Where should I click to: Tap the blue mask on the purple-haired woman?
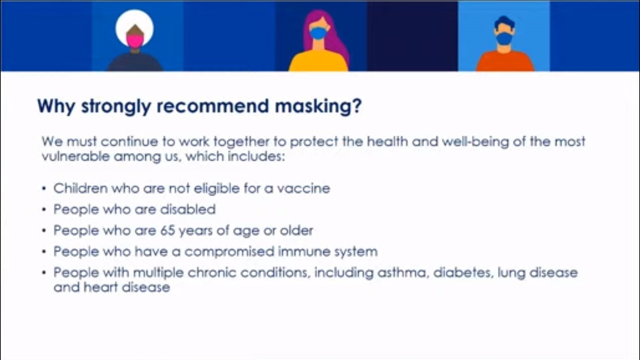click(x=318, y=33)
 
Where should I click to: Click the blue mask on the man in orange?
click(x=504, y=38)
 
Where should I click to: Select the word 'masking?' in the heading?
click(x=318, y=106)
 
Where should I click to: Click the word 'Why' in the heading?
click(x=56, y=106)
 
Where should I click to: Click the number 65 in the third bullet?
click(x=168, y=230)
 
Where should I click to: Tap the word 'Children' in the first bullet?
click(x=80, y=188)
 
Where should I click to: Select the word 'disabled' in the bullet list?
click(x=188, y=209)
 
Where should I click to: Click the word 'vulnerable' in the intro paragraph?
click(x=75, y=156)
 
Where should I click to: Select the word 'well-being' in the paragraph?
click(x=475, y=141)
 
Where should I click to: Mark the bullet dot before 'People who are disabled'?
click(x=44, y=210)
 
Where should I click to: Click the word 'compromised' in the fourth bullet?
click(x=229, y=251)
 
